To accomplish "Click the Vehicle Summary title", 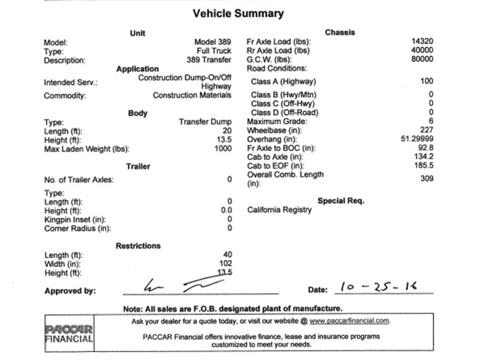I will point(238,13).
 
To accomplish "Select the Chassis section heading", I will point(340,32).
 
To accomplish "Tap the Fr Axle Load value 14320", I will point(422,42).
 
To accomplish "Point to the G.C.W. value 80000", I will point(422,59).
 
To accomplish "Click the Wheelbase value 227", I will point(426,130).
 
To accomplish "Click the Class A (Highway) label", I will point(283,82).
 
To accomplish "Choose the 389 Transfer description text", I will point(209,60).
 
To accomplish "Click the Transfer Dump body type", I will point(205,121).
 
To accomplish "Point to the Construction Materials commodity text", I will point(192,95).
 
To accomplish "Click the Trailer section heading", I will point(138,166).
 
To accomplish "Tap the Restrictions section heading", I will point(138,246).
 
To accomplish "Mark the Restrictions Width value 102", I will point(225,263).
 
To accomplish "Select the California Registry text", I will point(280,210).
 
